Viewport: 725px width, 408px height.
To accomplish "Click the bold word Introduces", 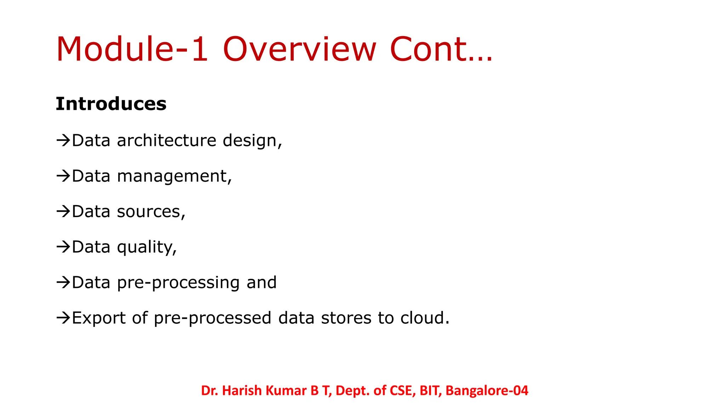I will (111, 104).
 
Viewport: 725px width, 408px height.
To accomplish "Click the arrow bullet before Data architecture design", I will (63, 141).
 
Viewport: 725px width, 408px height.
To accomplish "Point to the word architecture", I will (166, 141).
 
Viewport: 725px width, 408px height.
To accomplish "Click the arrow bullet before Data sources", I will (63, 211).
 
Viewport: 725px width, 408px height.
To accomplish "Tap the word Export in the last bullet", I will (98, 318).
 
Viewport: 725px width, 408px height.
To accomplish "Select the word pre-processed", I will (212, 318).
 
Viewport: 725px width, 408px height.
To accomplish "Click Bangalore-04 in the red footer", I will (487, 390).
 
